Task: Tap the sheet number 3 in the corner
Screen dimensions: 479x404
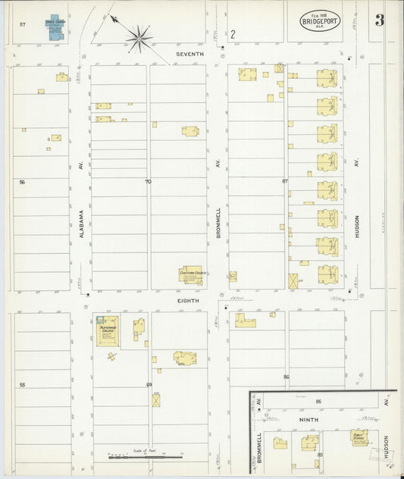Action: click(x=379, y=20)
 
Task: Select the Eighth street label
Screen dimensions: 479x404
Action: click(x=188, y=301)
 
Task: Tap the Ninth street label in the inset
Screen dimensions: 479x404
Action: click(x=308, y=418)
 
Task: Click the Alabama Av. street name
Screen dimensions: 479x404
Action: click(x=80, y=225)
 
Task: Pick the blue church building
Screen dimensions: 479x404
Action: click(x=55, y=27)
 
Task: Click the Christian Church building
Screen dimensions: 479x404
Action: click(x=191, y=275)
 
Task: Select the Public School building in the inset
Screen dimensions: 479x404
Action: click(x=359, y=437)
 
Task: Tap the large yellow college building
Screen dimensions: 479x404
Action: click(x=107, y=330)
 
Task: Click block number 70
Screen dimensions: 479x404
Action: click(x=149, y=182)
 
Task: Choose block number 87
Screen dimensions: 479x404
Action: click(x=285, y=182)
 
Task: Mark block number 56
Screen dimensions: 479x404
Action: click(x=22, y=182)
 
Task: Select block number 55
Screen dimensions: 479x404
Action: click(x=22, y=385)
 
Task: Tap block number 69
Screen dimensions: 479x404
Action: click(x=149, y=385)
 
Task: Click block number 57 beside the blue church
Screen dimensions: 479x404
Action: click(x=23, y=25)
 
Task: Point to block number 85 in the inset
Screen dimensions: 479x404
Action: click(x=320, y=454)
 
